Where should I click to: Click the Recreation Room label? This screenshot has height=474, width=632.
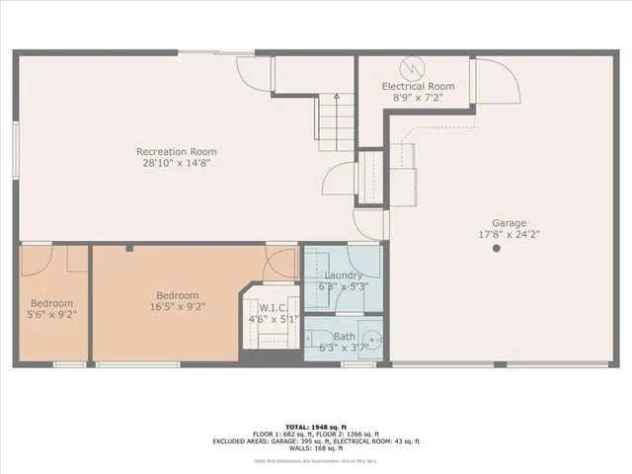pyautogui.click(x=176, y=151)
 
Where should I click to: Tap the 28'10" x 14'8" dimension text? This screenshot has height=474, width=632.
pyautogui.click(x=176, y=163)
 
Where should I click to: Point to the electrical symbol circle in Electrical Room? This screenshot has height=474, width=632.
pyautogui.click(x=410, y=68)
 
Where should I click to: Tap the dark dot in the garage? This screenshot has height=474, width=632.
pyautogui.click(x=497, y=250)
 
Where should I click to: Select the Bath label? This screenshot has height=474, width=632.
pyautogui.click(x=344, y=337)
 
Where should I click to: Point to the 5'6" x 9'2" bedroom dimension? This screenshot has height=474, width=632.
pyautogui.click(x=51, y=315)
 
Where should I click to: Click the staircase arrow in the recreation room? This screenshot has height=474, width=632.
pyautogui.click(x=338, y=99)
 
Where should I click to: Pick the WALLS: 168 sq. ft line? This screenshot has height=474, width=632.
pyautogui.click(x=316, y=449)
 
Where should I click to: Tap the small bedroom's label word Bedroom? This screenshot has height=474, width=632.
pyautogui.click(x=51, y=303)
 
